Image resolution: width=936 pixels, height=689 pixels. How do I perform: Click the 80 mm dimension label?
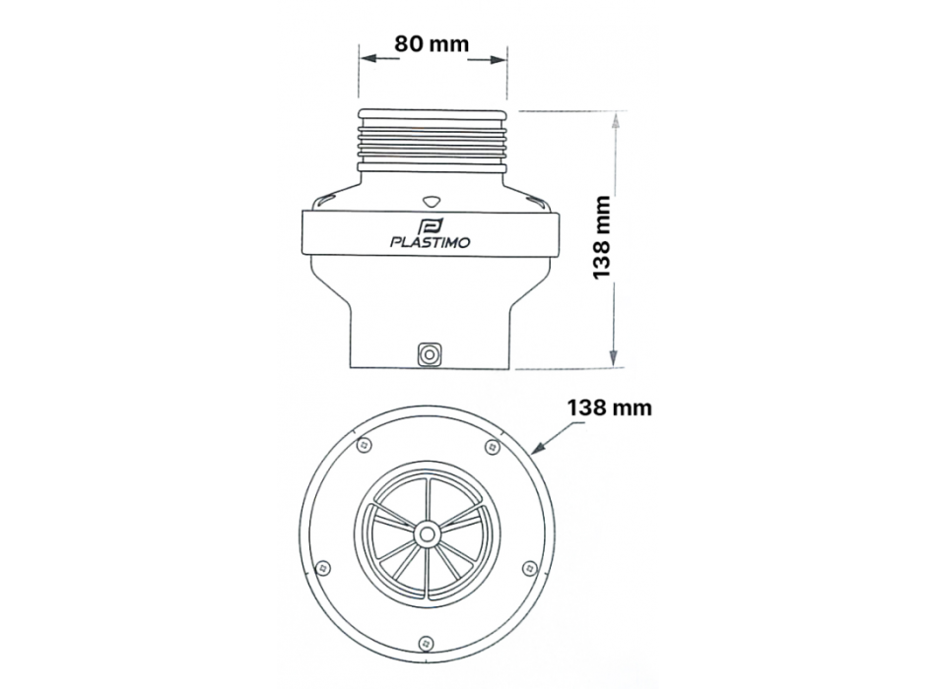click(x=432, y=44)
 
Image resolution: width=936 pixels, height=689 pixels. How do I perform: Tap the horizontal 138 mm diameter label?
click(x=608, y=407)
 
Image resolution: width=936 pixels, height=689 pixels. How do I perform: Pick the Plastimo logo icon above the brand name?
click(x=431, y=223)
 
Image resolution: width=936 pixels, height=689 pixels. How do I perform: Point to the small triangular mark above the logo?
click(x=431, y=198)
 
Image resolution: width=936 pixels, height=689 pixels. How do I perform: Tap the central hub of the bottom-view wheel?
click(x=427, y=532)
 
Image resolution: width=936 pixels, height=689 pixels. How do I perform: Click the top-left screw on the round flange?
click(x=365, y=446)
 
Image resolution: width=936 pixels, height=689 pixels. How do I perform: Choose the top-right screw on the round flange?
click(x=493, y=447)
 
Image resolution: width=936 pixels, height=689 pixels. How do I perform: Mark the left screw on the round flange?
click(x=322, y=567)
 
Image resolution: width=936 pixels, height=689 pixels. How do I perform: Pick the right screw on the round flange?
click(x=530, y=568)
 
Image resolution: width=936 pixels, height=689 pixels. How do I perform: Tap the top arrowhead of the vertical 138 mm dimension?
click(x=615, y=119)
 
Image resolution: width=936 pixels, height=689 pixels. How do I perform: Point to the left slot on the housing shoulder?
click(x=324, y=201)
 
